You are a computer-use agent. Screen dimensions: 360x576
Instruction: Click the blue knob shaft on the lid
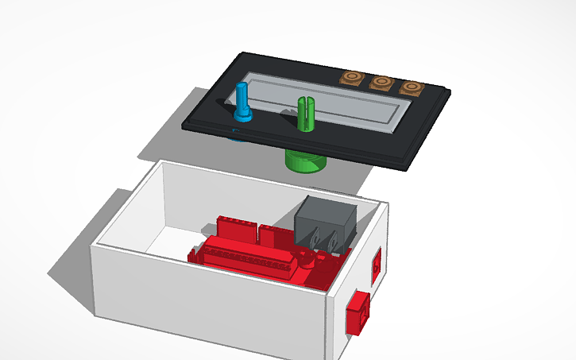(243, 99)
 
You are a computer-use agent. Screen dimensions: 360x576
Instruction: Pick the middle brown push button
(381, 82)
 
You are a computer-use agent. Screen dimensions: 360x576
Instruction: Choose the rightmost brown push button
(411, 87)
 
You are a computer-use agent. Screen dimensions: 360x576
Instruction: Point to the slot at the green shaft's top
(303, 101)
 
